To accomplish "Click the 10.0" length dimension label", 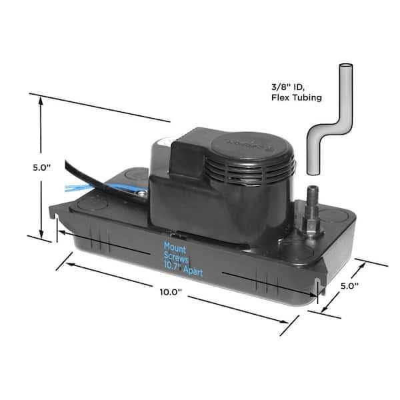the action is [x=171, y=292].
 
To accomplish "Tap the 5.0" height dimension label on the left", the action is [x=42, y=167].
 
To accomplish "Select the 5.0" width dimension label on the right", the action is [x=350, y=286].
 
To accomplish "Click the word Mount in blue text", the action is [x=175, y=247].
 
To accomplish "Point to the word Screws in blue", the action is [x=176, y=258].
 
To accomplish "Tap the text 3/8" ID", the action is [x=288, y=87].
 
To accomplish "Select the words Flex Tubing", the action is [x=297, y=98].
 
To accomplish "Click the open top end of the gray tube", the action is [x=346, y=66].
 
